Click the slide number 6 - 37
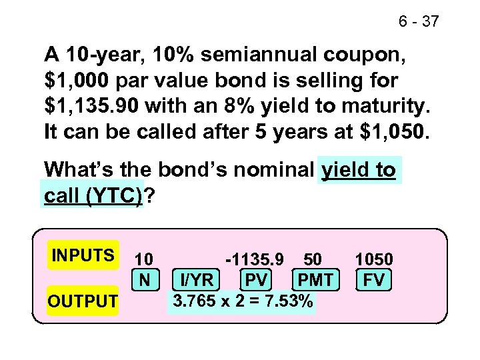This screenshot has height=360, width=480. pyautogui.click(x=419, y=22)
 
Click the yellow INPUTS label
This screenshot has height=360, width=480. pyautogui.click(x=83, y=256)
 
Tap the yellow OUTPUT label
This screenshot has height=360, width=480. pyautogui.click(x=83, y=301)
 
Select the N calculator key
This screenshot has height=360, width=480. pyautogui.click(x=144, y=279)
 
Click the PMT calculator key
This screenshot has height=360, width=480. pyautogui.click(x=316, y=279)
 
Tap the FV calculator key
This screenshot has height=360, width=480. pyautogui.click(x=374, y=279)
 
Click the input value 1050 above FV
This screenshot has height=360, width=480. pyautogui.click(x=374, y=259)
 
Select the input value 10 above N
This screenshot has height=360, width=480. pyautogui.click(x=144, y=259)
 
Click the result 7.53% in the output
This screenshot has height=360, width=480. pyautogui.click(x=287, y=301)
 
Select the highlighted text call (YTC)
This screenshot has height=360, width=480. pyautogui.click(x=93, y=197)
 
